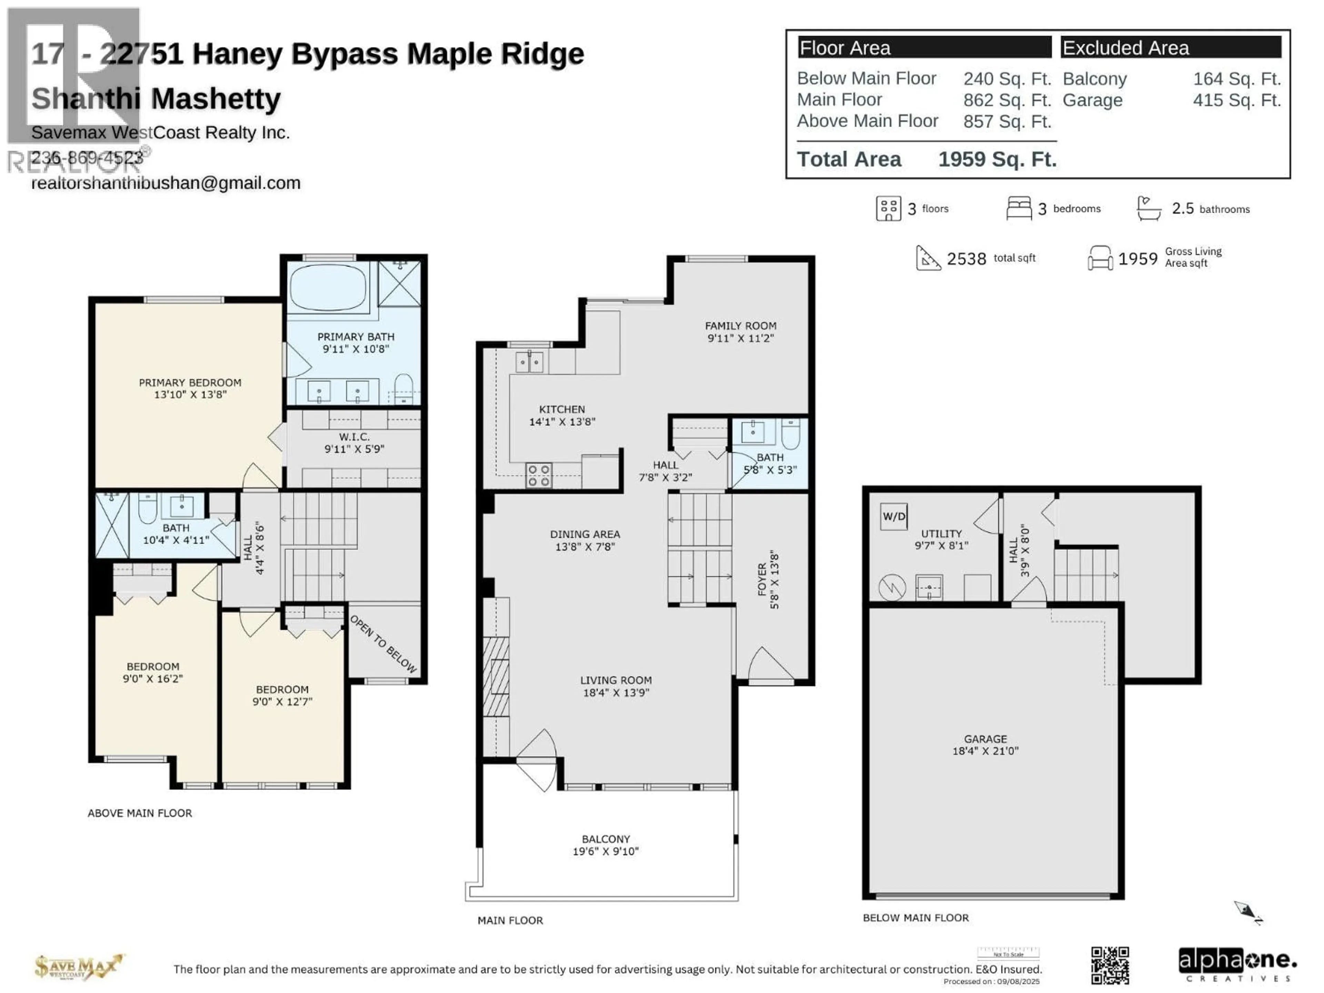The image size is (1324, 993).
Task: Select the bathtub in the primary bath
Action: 328,287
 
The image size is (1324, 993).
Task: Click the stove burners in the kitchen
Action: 538,475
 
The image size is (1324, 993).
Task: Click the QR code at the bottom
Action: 1110,965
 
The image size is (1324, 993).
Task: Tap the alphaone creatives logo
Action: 1237,964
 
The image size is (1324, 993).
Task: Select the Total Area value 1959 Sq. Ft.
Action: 997,159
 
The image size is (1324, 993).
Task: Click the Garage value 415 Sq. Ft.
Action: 1237,100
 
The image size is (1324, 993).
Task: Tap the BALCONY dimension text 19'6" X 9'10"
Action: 606,852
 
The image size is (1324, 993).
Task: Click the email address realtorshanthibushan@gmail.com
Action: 166,183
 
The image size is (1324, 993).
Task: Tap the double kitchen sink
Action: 530,362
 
